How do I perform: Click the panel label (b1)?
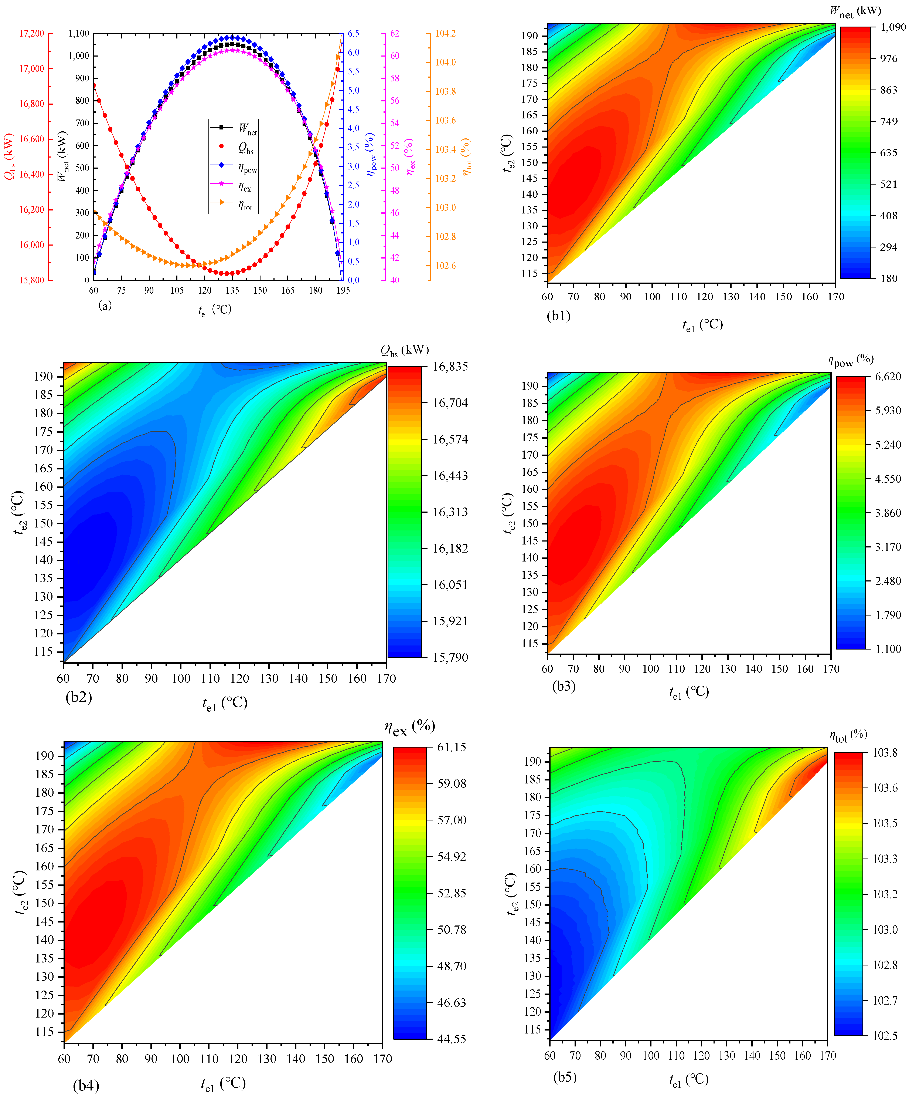pos(559,316)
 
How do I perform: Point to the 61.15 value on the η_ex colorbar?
pos(452,747)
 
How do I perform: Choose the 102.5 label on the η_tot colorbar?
pos(885,1035)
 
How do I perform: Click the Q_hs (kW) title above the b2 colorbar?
pos(404,350)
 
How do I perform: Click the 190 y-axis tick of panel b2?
pos(44,376)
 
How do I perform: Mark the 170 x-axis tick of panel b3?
pos(831,669)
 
